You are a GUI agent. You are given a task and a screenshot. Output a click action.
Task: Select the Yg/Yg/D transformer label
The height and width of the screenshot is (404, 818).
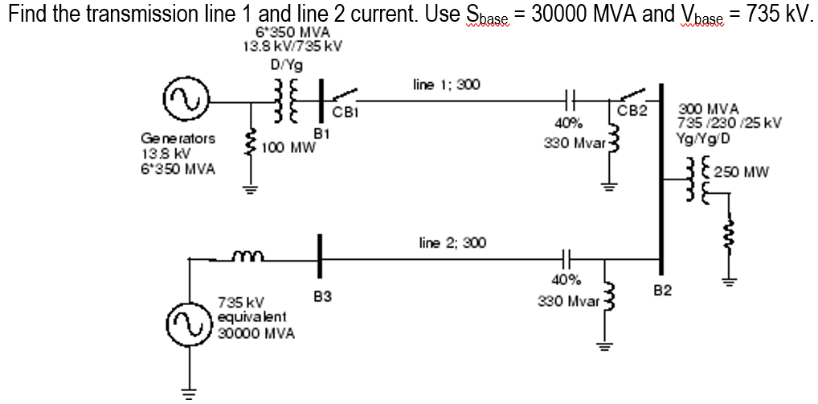[x=704, y=138]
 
